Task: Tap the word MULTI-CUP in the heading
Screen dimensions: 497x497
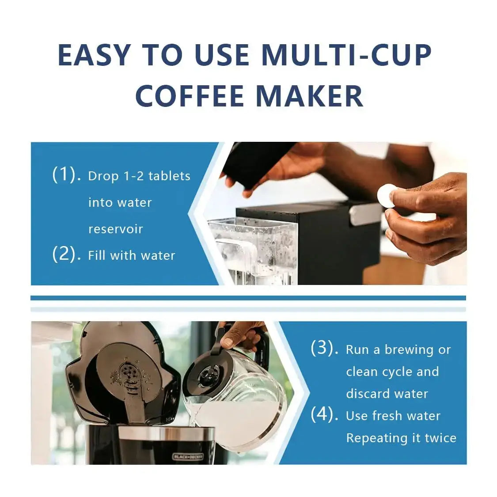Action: click(x=346, y=55)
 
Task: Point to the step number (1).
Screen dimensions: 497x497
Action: click(x=66, y=175)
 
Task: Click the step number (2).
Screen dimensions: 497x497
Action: click(x=66, y=254)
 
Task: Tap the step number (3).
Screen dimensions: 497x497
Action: click(x=325, y=349)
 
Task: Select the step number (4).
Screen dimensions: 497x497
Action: click(x=325, y=415)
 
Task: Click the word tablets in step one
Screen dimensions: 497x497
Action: click(x=169, y=176)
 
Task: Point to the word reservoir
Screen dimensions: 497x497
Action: click(x=115, y=229)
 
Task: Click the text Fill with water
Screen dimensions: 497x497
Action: click(x=131, y=255)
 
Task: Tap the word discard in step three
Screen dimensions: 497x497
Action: click(x=367, y=394)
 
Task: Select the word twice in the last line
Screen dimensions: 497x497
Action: click(x=440, y=438)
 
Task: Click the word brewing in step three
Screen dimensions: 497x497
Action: click(x=409, y=349)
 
